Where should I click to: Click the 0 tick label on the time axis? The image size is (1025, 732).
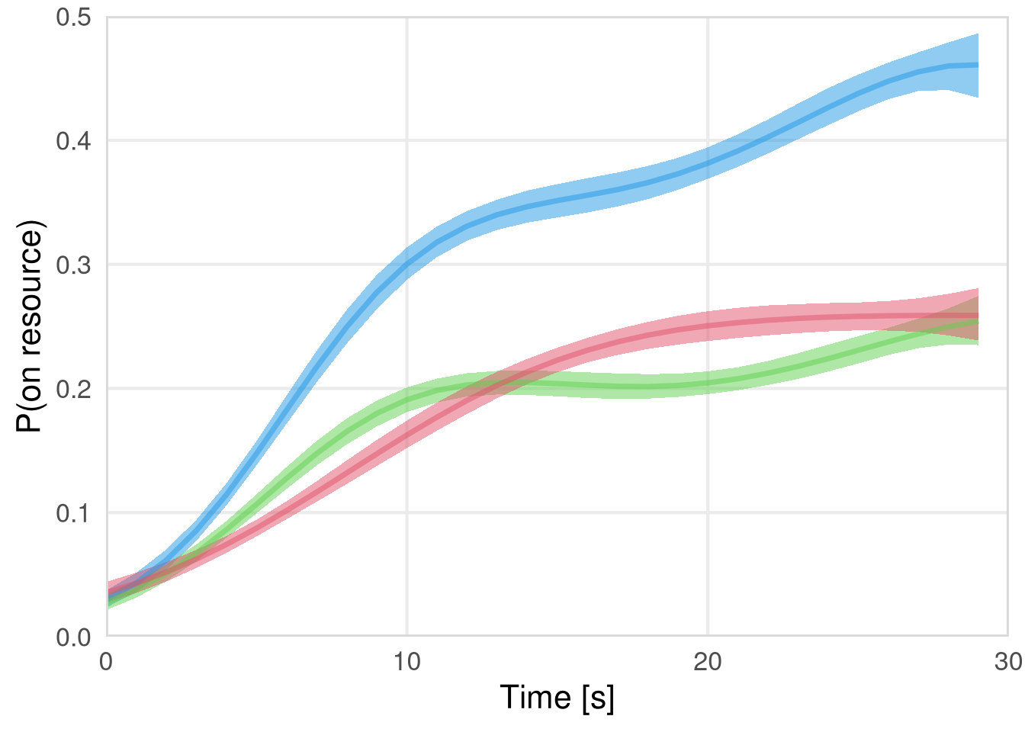coord(107,662)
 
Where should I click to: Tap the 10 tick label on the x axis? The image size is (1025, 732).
coord(407,662)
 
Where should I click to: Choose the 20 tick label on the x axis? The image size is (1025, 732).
coord(708,662)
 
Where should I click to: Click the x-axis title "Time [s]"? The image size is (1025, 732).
coord(557,698)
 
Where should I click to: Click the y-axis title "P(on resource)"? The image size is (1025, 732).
coord(31,326)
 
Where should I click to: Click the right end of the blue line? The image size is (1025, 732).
coord(978,65)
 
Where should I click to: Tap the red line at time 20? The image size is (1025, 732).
coord(708,327)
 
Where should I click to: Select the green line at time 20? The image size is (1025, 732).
coord(708,384)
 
